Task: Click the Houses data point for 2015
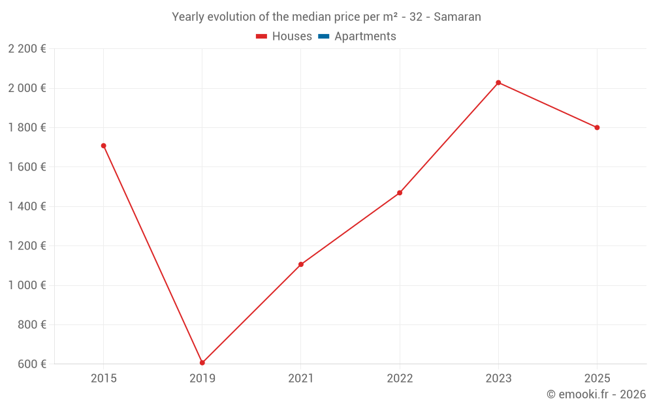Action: (103, 146)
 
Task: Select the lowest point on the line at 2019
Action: (202, 363)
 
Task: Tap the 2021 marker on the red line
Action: (301, 264)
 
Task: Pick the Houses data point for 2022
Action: (400, 193)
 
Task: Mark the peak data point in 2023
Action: (498, 83)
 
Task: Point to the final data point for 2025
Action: (597, 127)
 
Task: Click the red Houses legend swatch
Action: (262, 37)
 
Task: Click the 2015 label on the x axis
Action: (103, 378)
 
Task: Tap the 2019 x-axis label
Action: (202, 378)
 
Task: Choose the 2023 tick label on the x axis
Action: (498, 378)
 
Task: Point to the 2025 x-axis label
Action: (597, 378)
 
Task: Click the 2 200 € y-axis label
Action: (27, 49)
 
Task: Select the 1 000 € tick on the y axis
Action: (27, 285)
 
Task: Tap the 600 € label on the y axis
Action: (31, 364)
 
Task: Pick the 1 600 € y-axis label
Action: (27, 167)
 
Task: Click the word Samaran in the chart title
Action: (457, 17)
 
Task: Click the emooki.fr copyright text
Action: (596, 394)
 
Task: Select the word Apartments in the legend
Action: (365, 37)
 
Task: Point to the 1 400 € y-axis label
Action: (27, 206)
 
